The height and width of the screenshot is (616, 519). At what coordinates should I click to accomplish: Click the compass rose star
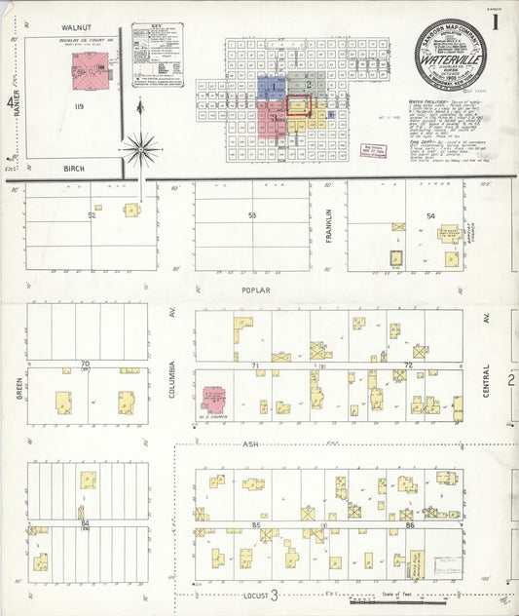pos(141,149)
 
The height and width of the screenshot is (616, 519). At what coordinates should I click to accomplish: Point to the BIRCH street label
pos(74,169)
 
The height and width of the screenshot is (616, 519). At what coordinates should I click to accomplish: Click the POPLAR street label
pos(257,290)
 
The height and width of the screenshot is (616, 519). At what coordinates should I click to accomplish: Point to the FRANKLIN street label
pos(329,225)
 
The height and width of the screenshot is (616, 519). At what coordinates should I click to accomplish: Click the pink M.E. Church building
pos(213,399)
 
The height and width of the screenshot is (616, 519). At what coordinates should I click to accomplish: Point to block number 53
pos(251,215)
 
